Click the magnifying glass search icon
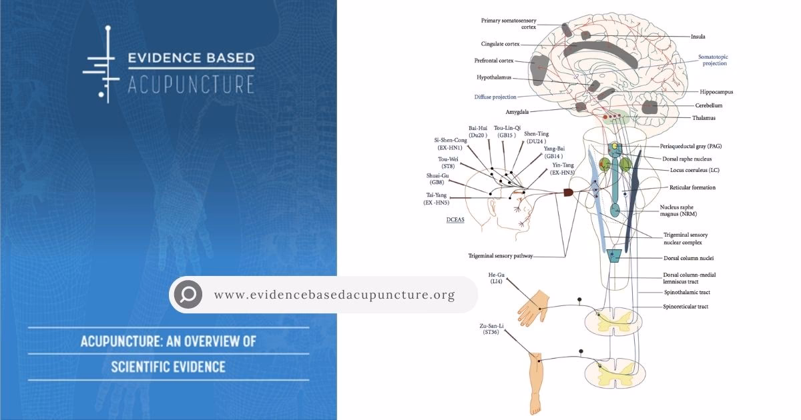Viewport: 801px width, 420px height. coord(189,294)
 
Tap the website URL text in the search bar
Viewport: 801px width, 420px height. coord(334,295)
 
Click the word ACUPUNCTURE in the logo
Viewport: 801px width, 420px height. coord(191,85)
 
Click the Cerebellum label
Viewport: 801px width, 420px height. coord(708,105)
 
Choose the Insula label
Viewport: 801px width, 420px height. coord(698,37)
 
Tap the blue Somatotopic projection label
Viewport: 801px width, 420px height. coord(712,60)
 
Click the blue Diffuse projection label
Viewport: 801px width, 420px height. coord(495,97)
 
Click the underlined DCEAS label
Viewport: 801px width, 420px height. coord(456,219)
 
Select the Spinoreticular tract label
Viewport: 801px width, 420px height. coord(685,307)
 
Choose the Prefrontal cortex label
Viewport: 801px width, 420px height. coord(494,61)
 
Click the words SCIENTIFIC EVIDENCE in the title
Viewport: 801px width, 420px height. coord(168,366)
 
